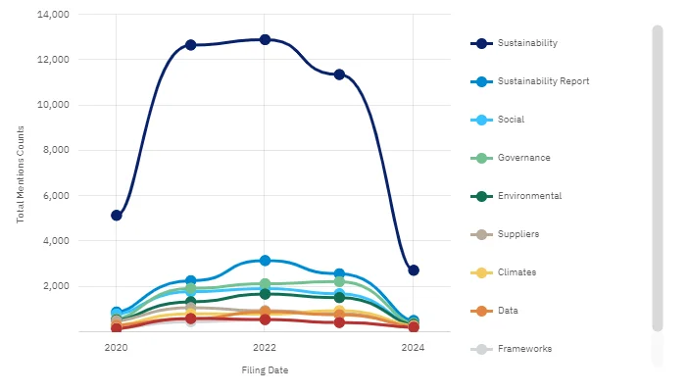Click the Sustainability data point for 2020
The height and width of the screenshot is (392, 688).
coord(117,215)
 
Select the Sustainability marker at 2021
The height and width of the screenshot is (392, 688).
coord(191,45)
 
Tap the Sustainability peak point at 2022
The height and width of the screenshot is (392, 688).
coord(265,39)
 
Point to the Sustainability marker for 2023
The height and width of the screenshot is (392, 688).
coord(339,74)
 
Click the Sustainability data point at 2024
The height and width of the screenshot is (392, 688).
coord(414,270)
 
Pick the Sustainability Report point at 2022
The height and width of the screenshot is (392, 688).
coord(265,260)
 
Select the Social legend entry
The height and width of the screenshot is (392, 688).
coord(511,120)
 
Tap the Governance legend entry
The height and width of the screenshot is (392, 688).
coord(522,158)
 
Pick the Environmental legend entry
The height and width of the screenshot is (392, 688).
coord(529,196)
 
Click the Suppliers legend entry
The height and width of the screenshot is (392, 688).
coord(518,234)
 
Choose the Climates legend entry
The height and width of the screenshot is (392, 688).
coord(517,272)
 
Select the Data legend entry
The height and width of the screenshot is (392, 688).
coord(508,311)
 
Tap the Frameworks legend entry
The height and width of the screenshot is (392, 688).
coord(524,349)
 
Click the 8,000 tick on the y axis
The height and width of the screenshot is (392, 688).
coord(54,150)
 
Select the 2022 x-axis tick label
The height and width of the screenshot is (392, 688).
coord(265,347)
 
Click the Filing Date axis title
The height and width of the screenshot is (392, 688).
coord(265,370)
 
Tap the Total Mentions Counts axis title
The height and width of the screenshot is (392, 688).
coord(20,173)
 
